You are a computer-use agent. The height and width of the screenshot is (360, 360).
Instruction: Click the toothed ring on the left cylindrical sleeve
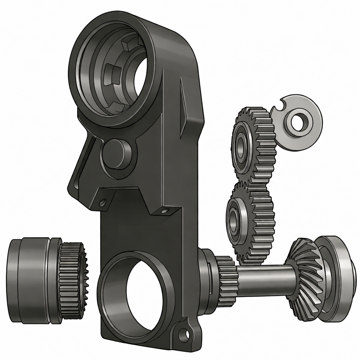coord(72,279)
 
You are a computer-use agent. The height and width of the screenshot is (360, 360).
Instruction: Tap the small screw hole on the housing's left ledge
coord(103,202)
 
